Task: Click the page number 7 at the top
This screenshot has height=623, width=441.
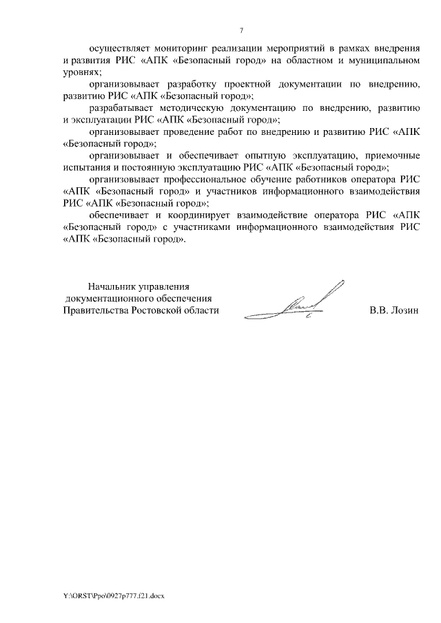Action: (x=240, y=30)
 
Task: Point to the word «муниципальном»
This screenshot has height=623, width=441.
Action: (x=387, y=61)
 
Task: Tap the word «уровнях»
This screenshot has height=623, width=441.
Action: (x=81, y=72)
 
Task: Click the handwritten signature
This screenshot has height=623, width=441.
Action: (x=305, y=303)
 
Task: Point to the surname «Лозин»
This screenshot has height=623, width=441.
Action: (x=404, y=310)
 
